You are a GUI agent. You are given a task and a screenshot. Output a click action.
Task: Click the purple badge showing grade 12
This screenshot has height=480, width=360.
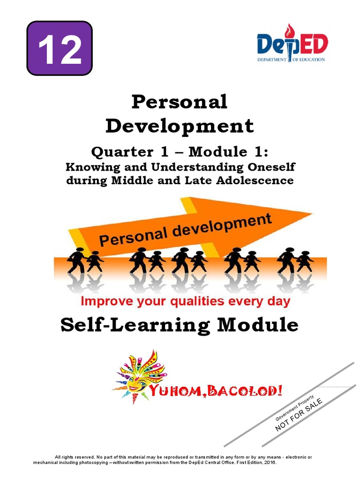pyautogui.click(x=60, y=48)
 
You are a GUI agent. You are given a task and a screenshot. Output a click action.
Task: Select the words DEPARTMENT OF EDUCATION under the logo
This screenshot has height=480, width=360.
pyautogui.click(x=291, y=60)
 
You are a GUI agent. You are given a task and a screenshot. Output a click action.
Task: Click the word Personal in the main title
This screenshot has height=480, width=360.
pyautogui.click(x=180, y=102)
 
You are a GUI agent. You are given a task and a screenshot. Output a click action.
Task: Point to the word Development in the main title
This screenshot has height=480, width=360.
pyautogui.click(x=180, y=126)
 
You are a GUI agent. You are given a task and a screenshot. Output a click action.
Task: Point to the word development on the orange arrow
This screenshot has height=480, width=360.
pyautogui.click(x=229, y=228)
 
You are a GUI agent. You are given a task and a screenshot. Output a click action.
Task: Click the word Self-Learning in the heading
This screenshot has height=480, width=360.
pyautogui.click(x=131, y=325)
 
